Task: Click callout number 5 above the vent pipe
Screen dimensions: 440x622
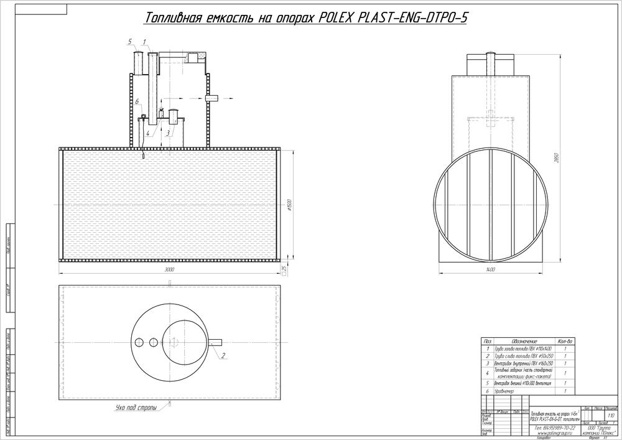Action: coord(130,41)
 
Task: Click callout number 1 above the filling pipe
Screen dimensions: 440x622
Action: coord(144,41)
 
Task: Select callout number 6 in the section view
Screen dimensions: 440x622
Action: coord(136,101)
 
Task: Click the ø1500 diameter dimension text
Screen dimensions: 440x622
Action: coord(289,204)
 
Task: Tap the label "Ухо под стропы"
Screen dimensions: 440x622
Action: coord(136,409)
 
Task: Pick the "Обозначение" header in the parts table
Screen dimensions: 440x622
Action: coord(524,342)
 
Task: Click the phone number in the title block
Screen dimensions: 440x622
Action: coord(553,428)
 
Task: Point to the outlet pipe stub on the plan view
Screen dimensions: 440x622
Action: coord(215,341)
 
